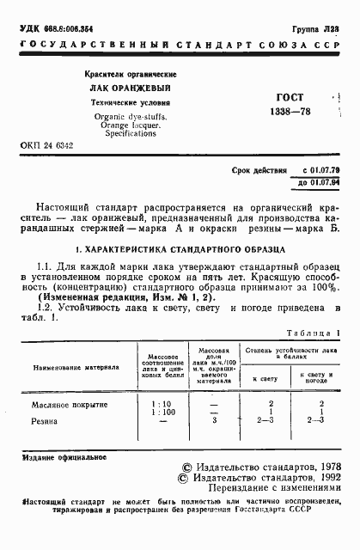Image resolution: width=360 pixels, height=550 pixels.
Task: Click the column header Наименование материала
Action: [76, 365]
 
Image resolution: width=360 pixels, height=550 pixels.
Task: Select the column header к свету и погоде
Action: [317, 376]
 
